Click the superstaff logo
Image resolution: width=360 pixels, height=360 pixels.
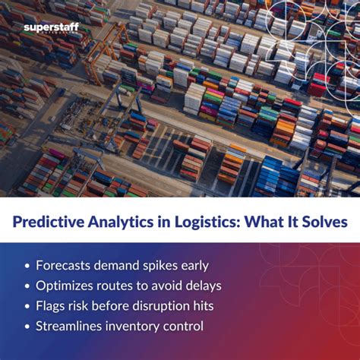click(51, 28)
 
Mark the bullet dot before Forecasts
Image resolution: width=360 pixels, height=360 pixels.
click(27, 266)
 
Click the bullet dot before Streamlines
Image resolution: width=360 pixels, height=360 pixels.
click(27, 327)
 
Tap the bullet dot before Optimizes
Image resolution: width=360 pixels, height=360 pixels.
click(27, 286)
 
